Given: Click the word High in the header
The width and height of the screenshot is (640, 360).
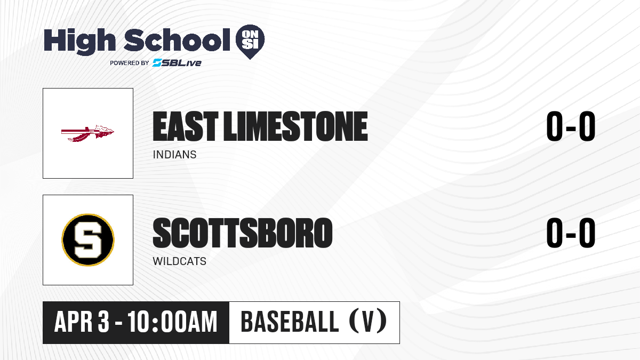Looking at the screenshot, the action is pos(79,42).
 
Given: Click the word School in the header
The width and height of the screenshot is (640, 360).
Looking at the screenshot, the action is pos(177,40).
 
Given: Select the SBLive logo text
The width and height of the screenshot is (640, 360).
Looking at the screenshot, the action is pos(177,63).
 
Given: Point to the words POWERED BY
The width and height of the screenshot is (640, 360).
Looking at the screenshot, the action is pos(130,63).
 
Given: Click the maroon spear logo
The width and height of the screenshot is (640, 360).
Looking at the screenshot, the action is pos(87,133).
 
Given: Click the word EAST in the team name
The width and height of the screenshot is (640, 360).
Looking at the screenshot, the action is pos(186,126).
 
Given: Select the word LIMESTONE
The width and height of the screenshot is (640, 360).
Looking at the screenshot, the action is pos(295,126).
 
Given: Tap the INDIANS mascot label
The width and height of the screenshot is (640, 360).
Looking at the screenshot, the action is pos(174,155).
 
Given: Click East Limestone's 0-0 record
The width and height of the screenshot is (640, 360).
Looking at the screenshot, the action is pos(571,126).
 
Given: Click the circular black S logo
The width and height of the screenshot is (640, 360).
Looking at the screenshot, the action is pos(88,240).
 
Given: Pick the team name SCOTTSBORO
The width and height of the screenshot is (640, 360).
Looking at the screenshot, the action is pos(243,233).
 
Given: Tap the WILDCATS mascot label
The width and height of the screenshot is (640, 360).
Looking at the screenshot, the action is pos(179,261).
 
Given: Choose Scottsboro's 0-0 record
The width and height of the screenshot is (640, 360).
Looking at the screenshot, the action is pos(571,233).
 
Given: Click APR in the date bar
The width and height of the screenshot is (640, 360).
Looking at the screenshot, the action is pos(74,322).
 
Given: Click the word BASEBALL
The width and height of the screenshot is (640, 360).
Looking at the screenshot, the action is pos(290,322).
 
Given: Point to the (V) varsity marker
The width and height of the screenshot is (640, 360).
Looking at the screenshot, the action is pos(369,322).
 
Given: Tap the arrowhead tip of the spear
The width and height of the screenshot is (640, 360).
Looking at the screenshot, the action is pos(114,131).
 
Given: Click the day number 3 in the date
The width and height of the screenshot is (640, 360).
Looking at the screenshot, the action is pos(103,322).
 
